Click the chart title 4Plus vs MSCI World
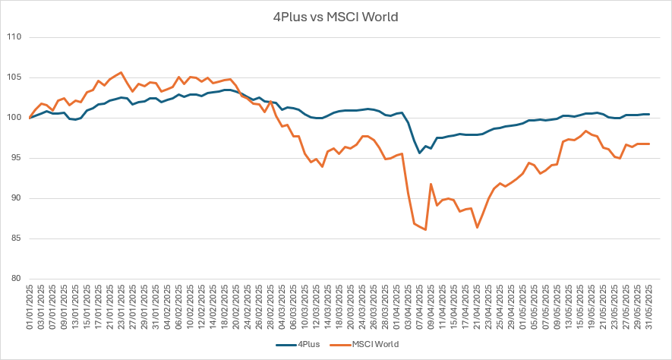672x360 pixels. (x=336, y=16)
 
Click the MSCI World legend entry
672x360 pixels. (x=373, y=344)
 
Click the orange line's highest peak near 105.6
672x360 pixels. (x=121, y=73)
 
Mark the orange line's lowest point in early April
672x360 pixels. (x=425, y=229)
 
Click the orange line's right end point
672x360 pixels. (x=649, y=144)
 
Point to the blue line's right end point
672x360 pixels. (x=649, y=114)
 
